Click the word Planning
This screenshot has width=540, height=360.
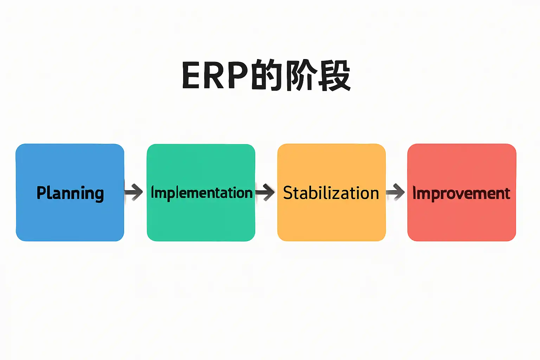70,193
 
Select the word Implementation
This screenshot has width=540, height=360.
201,193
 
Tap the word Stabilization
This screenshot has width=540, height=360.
331,193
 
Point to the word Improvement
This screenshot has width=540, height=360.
461,193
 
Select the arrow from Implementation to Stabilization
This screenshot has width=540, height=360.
265,192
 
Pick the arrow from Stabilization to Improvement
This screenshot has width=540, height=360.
395,192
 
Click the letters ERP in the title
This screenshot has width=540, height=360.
215,75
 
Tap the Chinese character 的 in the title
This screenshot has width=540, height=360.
266,75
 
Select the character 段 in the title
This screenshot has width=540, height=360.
335,75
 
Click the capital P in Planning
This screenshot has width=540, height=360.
41,192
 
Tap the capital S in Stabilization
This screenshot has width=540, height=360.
288,193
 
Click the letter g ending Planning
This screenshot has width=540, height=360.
99,195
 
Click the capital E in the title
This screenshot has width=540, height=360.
191,75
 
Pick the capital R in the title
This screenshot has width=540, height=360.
213,75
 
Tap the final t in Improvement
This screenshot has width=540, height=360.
507,193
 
